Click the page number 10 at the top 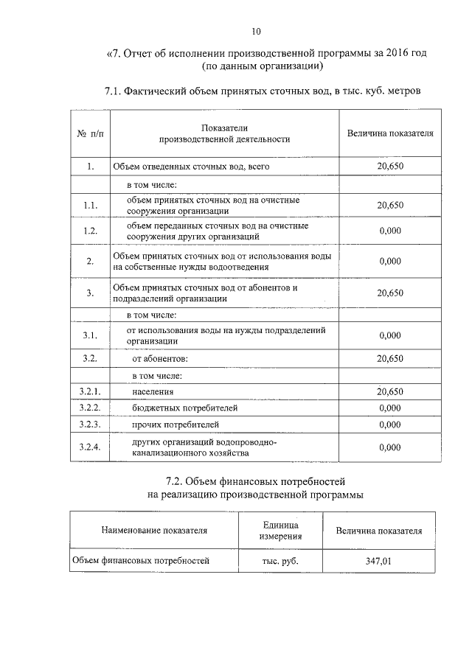(255, 31)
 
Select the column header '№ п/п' (89, 133)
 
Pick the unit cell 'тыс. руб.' (280, 561)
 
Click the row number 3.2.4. (89, 447)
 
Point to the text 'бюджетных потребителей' (184, 408)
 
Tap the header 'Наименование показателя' (155, 530)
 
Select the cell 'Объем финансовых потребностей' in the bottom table (141, 561)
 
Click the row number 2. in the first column (89, 261)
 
